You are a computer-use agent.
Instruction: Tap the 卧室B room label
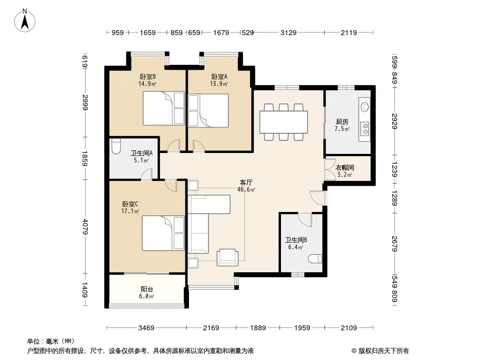click(x=148, y=76)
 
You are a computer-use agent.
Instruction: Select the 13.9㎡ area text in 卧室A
click(x=219, y=84)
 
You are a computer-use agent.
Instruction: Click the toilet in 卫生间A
click(x=116, y=147)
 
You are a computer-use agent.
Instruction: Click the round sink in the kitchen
click(x=365, y=107)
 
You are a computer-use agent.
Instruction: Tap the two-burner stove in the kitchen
click(x=365, y=129)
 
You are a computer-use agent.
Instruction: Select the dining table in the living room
click(x=284, y=122)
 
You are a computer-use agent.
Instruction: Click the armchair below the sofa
click(x=227, y=257)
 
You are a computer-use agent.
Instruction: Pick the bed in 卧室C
click(x=163, y=233)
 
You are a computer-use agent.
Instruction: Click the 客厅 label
click(x=246, y=183)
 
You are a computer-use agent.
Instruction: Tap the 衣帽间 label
click(x=345, y=167)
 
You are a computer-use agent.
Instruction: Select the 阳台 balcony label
click(x=147, y=289)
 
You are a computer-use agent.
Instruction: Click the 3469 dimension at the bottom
click(x=146, y=328)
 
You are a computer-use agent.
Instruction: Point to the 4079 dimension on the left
click(x=86, y=227)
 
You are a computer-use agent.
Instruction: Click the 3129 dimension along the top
click(x=288, y=32)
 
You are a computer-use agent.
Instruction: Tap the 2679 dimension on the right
click(x=394, y=243)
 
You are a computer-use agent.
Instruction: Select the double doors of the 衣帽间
click(x=330, y=169)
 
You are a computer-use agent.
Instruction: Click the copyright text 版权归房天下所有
click(x=384, y=351)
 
